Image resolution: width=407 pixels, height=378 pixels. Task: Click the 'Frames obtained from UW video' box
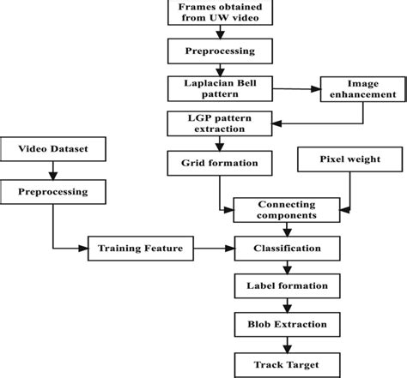222,15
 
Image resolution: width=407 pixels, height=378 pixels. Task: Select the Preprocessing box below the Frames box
222,51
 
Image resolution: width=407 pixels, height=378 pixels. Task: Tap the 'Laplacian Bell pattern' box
222,87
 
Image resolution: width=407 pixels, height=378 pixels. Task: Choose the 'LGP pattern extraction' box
222,122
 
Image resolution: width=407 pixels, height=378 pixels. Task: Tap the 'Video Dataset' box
54,151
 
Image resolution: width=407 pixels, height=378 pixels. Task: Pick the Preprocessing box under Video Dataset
54,191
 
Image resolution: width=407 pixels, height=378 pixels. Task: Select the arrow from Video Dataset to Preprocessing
54,171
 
